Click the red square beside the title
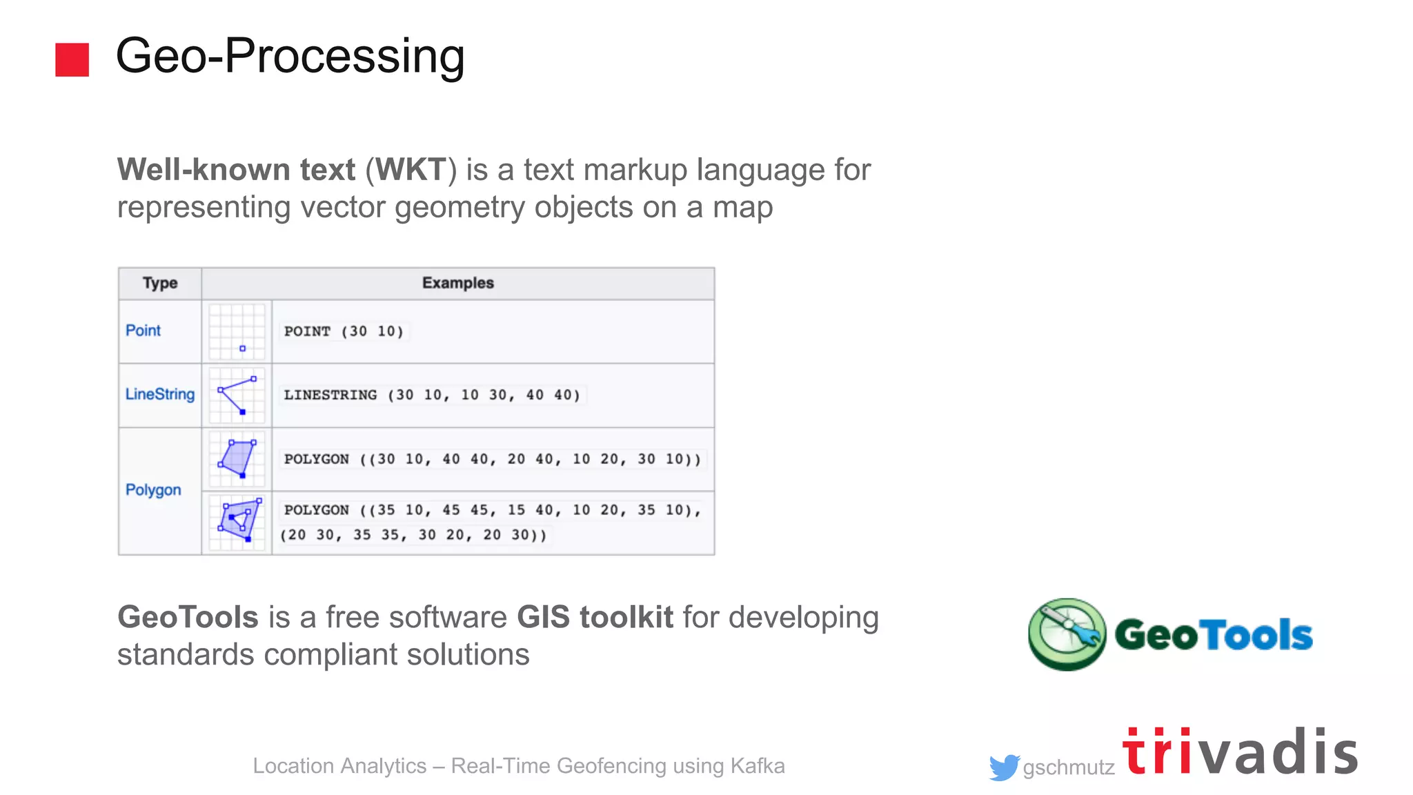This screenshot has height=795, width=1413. [x=72, y=59]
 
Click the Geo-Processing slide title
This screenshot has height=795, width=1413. [x=290, y=56]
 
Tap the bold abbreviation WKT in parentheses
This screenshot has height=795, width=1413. [x=411, y=170]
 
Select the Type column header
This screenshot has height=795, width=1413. [x=160, y=283]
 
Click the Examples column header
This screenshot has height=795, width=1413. [x=458, y=283]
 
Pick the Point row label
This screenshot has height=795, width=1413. [x=143, y=331]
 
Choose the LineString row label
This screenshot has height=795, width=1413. [x=160, y=394]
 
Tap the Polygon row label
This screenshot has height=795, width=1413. [x=153, y=490]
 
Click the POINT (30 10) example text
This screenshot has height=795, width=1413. [x=344, y=331]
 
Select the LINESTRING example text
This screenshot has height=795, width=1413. [x=432, y=395]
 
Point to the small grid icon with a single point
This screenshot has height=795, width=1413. [x=237, y=332]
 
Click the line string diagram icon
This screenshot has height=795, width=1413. [x=237, y=395]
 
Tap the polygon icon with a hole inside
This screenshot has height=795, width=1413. [x=237, y=522]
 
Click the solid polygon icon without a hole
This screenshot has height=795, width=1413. [x=237, y=459]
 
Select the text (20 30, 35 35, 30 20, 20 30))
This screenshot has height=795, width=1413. [x=413, y=535]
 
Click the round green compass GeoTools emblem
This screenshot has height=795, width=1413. [x=1067, y=634]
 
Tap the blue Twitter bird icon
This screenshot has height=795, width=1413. [x=1003, y=767]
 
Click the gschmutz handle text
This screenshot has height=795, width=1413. [x=1069, y=767]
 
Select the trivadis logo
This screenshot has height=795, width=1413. [x=1240, y=752]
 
